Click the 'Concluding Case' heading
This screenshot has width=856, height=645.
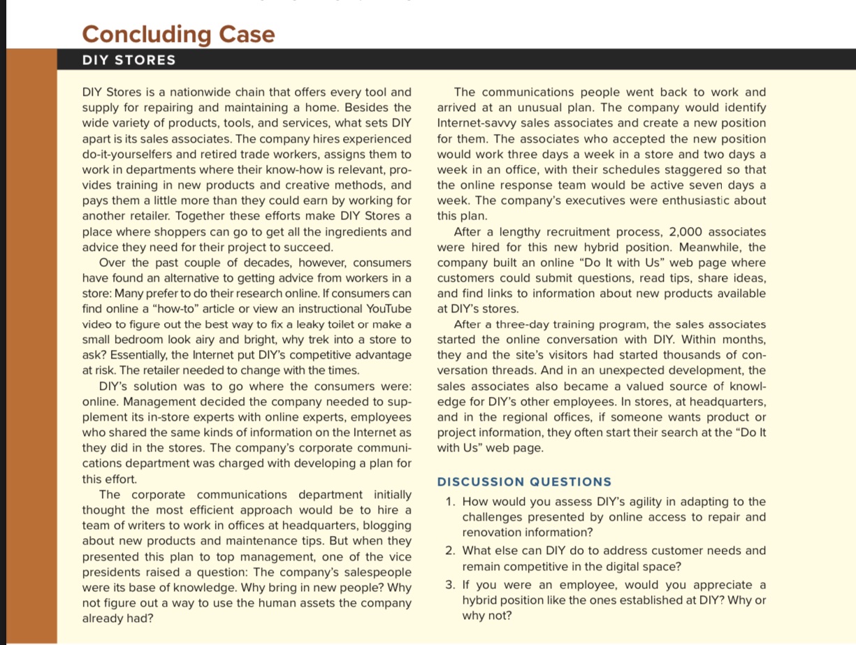[178, 34]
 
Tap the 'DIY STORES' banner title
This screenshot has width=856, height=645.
[129, 60]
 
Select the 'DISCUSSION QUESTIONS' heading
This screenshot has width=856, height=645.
[524, 481]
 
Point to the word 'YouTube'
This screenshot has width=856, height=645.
[384, 309]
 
